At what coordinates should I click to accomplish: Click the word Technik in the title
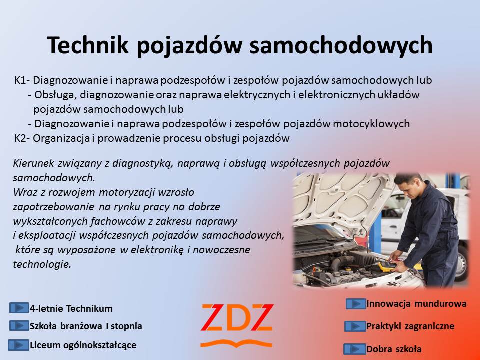[88, 45]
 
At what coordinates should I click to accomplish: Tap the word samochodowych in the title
[341, 45]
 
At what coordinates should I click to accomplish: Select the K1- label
[22, 80]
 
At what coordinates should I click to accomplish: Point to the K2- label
[22, 138]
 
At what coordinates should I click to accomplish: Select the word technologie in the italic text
[42, 264]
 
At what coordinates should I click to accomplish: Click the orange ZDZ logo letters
[237, 318]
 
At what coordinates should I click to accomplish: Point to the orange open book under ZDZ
[236, 344]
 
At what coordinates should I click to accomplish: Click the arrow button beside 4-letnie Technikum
[19, 308]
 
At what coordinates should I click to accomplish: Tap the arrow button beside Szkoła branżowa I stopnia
[19, 325]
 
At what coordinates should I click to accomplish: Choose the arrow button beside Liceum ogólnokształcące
[18, 345]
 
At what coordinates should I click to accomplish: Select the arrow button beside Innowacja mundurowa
[356, 304]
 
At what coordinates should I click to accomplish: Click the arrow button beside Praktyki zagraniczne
[355, 326]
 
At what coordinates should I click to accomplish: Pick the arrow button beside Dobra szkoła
[355, 349]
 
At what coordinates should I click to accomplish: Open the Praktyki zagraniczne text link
[410, 326]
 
